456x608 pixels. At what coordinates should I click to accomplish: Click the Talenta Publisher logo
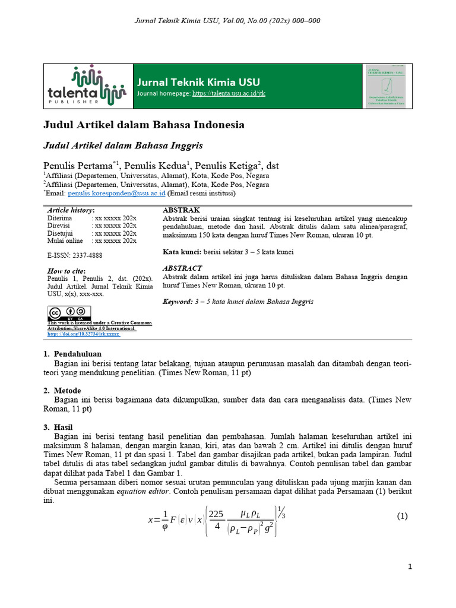(x=87, y=86)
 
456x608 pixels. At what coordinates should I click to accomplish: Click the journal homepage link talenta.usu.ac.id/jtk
(x=229, y=94)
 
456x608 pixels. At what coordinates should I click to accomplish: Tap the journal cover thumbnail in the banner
(x=387, y=86)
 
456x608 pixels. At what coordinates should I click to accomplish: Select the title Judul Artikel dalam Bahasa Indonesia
(x=144, y=125)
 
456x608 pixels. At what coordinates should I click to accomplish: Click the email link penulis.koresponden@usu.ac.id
(x=116, y=193)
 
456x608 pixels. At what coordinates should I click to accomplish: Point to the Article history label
(x=71, y=210)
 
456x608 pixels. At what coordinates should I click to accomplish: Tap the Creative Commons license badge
(x=69, y=312)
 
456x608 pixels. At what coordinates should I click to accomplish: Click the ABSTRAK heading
(x=181, y=210)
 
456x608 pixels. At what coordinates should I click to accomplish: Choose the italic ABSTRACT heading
(x=182, y=268)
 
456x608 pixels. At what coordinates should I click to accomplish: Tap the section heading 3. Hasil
(x=60, y=427)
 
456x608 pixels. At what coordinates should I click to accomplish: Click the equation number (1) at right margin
(x=402, y=516)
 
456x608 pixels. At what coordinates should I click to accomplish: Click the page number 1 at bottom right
(x=410, y=567)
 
